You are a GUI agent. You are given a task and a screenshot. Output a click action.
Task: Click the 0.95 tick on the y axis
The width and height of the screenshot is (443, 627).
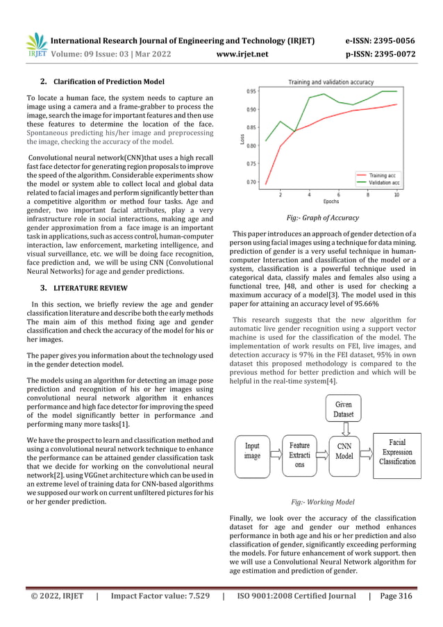tap(251, 91)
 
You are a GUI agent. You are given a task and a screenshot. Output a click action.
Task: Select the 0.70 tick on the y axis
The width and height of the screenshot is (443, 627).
tap(251, 182)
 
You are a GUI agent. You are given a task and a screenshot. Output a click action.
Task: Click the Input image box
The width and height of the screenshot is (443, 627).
tap(253, 451)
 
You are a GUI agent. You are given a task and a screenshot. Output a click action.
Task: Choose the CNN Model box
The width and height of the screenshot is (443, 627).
tap(344, 451)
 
